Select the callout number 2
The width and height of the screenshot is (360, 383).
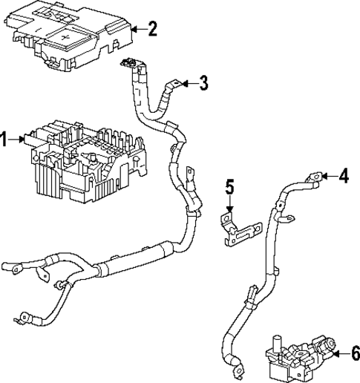pyautogui.click(x=152, y=30)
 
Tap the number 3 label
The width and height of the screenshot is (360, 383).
pyautogui.click(x=203, y=83)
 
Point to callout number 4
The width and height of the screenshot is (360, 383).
pyautogui.click(x=344, y=177)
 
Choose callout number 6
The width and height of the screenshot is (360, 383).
pyautogui.click(x=354, y=353)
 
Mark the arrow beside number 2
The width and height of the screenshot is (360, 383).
pyautogui.click(x=137, y=30)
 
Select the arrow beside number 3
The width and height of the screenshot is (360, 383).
pyautogui.click(x=189, y=83)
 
